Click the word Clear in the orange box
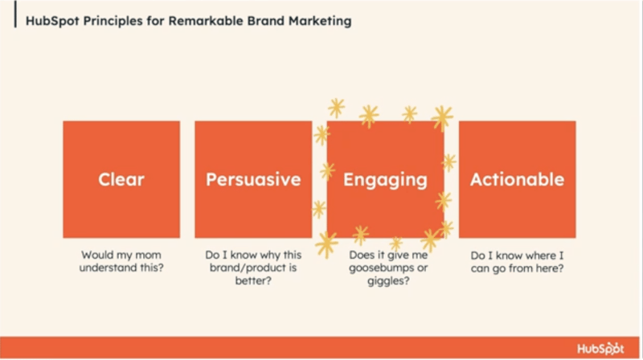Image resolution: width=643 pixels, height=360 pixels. point(121,179)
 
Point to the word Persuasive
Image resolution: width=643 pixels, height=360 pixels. point(253,179)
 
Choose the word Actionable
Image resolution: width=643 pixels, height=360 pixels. point(517,179)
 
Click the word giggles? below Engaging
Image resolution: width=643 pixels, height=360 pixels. point(388,282)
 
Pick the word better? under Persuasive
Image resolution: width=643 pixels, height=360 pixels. point(253,281)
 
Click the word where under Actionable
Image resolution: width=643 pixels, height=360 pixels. point(531,256)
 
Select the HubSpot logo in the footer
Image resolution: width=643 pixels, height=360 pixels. point(600,349)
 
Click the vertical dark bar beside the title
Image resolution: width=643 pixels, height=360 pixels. point(15,14)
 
